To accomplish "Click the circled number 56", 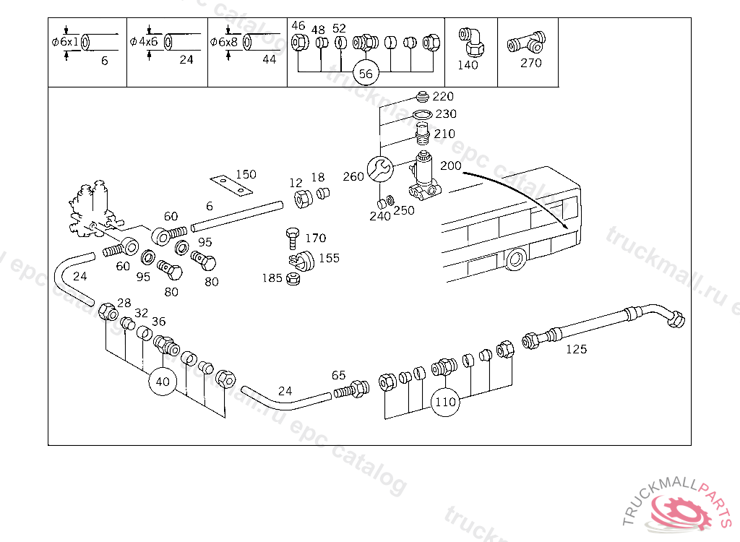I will coord(366,74).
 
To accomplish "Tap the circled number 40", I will coord(163,382).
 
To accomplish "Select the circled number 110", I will coord(446,402).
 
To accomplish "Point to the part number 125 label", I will coord(576,350).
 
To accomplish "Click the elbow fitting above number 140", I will coord(471,40).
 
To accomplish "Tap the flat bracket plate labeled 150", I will coord(231,184).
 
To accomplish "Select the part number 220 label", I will coord(443,97).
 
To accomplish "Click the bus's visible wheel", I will coord(515,259).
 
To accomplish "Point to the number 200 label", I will coord(450,165).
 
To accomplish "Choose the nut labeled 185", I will coord(293,278).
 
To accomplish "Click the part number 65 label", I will coord(339,375).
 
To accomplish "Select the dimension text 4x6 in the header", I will coord(148,41).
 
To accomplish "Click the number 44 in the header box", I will coord(269,60).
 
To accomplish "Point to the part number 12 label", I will coord(296,183).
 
